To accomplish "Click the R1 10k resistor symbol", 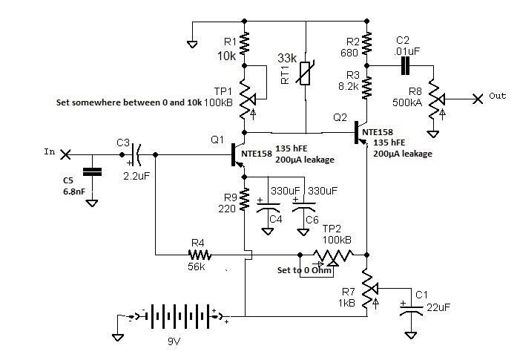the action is (x=244, y=43).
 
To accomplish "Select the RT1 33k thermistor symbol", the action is (x=306, y=73).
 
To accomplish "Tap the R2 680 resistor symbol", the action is (x=366, y=43).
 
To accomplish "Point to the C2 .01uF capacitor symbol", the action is (x=405, y=65).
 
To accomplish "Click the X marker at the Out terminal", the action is (x=478, y=99).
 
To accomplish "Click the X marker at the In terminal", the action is (x=65, y=154).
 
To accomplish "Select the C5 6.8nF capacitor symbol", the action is (x=92, y=172).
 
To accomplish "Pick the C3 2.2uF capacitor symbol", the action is (x=136, y=154).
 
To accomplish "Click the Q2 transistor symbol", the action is (x=360, y=133).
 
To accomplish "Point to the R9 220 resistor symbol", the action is (x=244, y=200).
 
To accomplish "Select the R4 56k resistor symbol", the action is (x=200, y=255).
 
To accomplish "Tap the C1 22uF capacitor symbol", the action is (x=410, y=310).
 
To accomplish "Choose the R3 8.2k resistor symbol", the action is (x=366, y=88).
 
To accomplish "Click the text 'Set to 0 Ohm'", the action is (x=304, y=270).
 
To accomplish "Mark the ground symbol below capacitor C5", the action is (x=92, y=203).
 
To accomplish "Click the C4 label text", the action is (x=276, y=219).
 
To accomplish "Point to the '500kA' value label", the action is (x=407, y=102).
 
